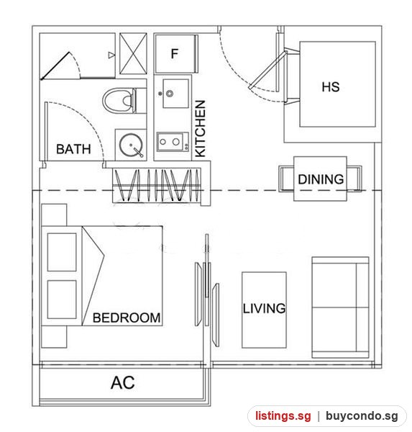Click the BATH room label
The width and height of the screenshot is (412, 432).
(73, 149)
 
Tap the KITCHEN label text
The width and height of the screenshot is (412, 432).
(201, 129)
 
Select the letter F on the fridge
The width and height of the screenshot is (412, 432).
(175, 53)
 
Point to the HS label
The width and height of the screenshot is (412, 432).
(331, 87)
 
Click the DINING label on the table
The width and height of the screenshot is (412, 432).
(321, 179)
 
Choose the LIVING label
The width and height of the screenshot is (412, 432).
(264, 308)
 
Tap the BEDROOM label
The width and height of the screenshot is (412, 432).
(127, 318)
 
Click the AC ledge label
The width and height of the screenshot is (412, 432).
(123, 383)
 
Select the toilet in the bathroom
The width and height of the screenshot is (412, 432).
(122, 100)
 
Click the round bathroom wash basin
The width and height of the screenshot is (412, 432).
(131, 145)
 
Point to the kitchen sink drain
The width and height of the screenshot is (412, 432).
(170, 94)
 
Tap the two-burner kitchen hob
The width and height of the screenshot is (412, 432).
(173, 142)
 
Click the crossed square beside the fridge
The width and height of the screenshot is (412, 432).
(133, 53)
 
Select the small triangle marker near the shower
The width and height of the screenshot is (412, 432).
(111, 55)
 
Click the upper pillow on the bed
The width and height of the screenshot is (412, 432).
(62, 252)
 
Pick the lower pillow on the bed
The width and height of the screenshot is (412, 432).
(62, 300)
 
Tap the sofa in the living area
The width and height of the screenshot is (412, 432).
(340, 307)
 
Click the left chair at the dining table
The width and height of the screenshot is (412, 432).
(286, 179)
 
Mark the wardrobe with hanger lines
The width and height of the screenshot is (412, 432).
(156, 186)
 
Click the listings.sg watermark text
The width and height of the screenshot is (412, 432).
(283, 415)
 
